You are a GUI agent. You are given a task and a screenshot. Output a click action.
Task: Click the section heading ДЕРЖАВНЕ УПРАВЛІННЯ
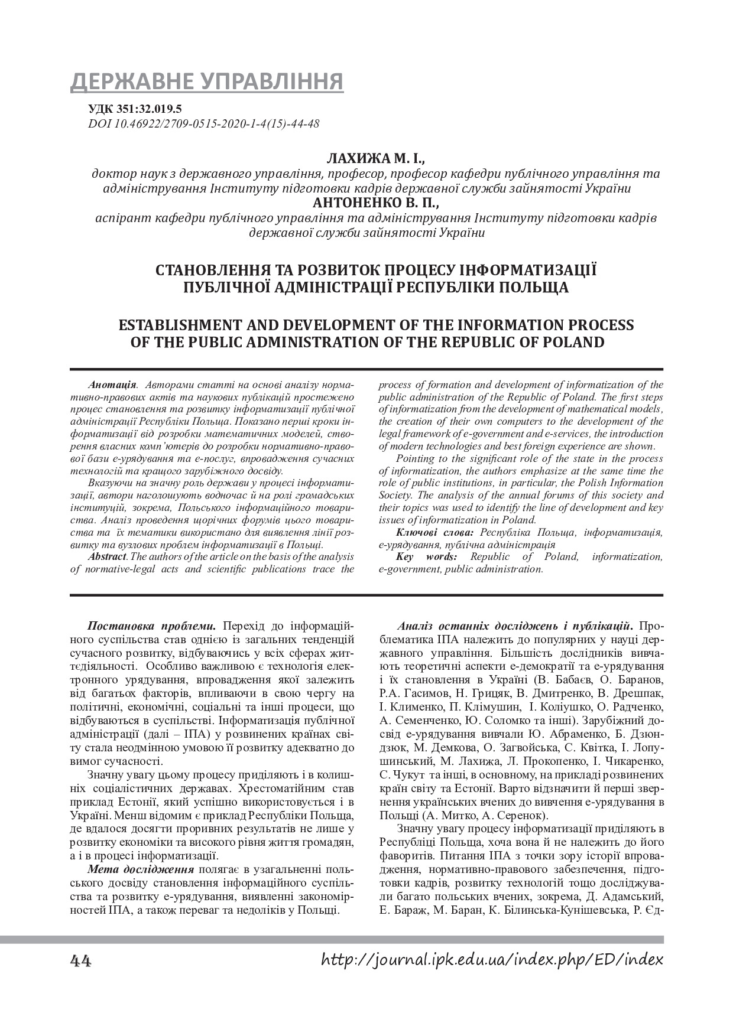207,82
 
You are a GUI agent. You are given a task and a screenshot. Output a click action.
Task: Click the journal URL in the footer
492,960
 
